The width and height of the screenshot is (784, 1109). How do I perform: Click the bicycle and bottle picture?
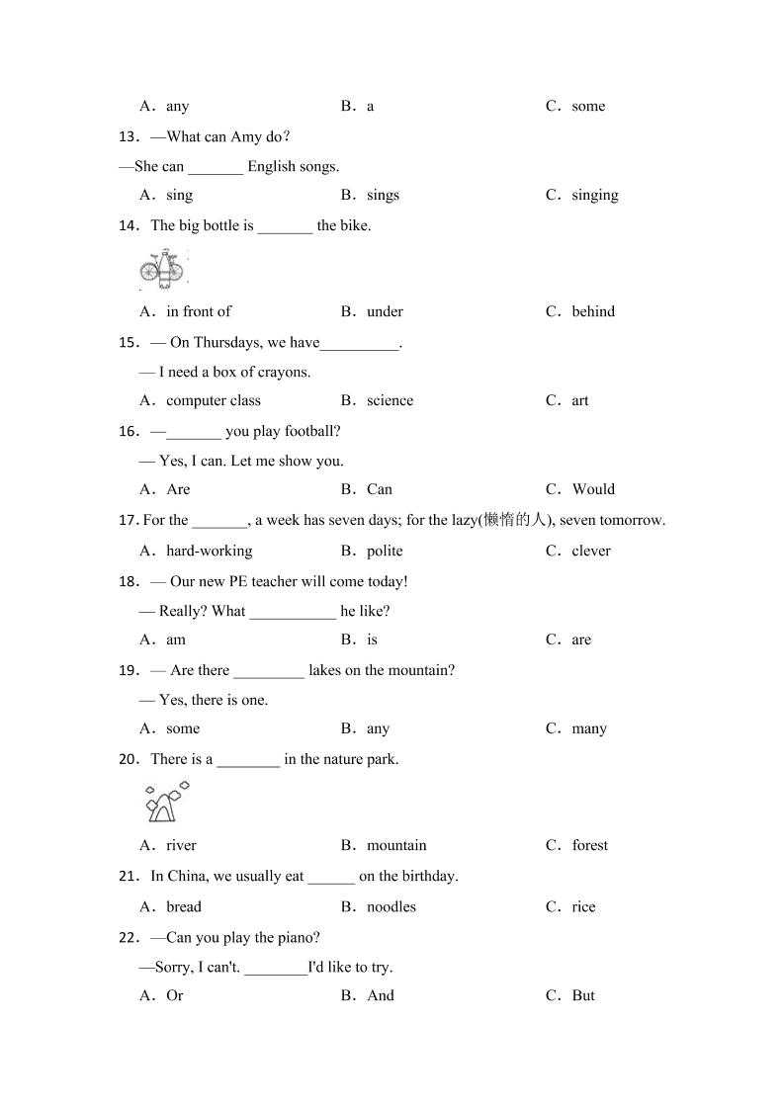[163, 269]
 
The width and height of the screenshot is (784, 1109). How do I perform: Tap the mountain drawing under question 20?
[165, 803]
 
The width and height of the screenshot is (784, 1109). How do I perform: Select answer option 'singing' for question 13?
[594, 195]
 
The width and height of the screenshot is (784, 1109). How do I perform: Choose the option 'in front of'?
[198, 311]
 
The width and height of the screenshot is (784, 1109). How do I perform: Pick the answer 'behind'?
[592, 311]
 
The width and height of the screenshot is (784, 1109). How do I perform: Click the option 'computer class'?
[213, 400]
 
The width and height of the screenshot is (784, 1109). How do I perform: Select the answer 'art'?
[579, 400]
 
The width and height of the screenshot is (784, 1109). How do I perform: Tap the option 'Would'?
[592, 489]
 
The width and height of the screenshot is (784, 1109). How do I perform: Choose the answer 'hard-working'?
[209, 551]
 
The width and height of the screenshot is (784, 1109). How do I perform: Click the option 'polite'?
[385, 551]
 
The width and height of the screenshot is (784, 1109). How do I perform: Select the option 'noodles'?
[391, 906]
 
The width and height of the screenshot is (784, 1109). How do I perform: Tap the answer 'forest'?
[589, 845]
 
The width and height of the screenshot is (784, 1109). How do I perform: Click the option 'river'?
[181, 845]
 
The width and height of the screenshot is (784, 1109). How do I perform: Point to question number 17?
[128, 520]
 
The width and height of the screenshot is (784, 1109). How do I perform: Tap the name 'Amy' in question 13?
[245, 136]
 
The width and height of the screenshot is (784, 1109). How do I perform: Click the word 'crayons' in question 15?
[284, 372]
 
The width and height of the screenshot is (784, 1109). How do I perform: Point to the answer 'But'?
[582, 995]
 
